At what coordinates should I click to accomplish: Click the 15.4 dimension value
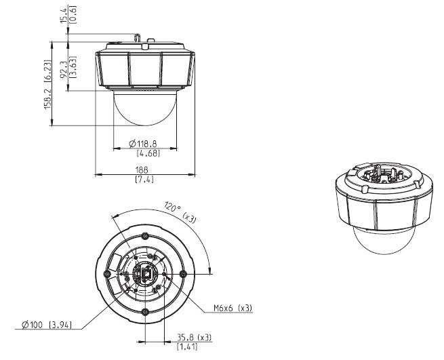point(64,16)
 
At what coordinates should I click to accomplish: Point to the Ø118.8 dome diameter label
point(143,144)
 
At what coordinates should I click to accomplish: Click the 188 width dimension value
point(142,170)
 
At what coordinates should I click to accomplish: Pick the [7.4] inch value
point(144,179)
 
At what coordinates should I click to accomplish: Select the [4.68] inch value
point(148,153)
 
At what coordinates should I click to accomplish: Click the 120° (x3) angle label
point(180,212)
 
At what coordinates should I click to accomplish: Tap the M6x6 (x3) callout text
point(233,308)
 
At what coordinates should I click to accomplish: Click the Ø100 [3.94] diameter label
point(47,325)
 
